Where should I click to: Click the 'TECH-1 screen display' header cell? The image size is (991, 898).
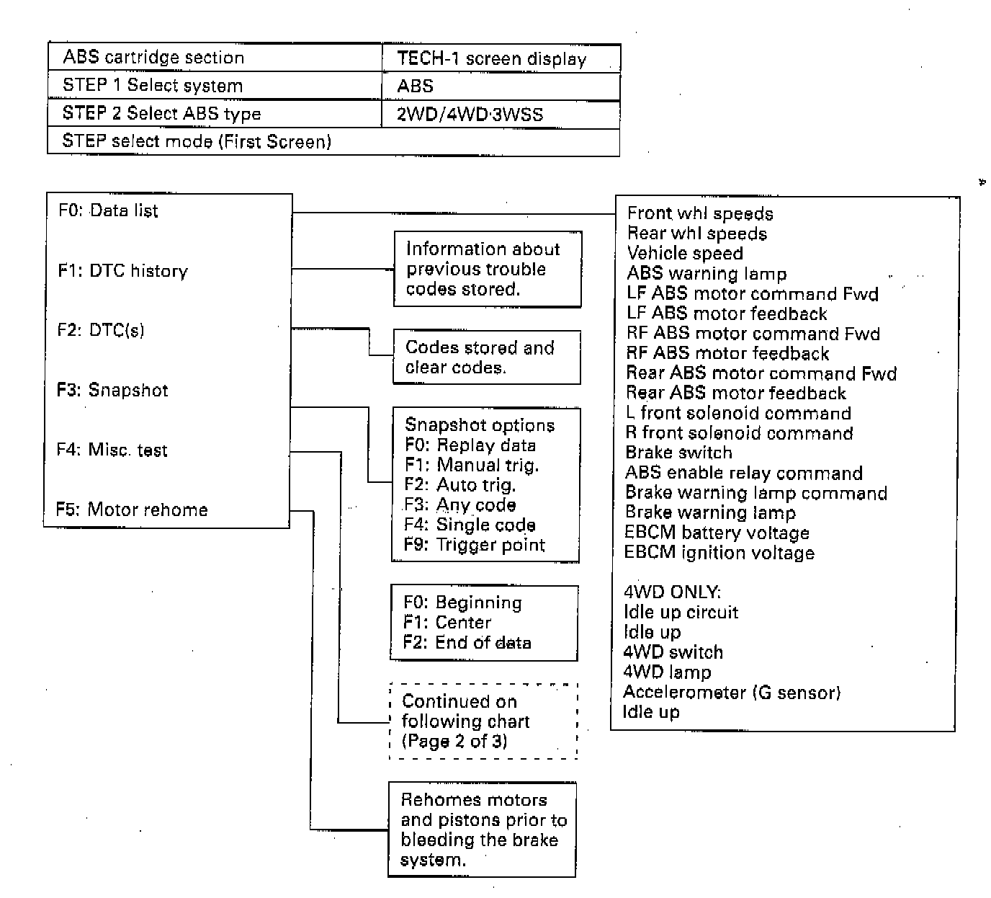(x=492, y=59)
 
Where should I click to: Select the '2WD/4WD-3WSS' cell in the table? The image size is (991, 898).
(x=470, y=115)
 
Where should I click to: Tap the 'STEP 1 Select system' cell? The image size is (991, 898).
(x=153, y=86)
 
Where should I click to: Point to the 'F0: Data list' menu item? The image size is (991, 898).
(x=108, y=211)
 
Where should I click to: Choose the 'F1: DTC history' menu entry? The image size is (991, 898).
(x=122, y=271)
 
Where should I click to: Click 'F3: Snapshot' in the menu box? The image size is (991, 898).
(x=112, y=391)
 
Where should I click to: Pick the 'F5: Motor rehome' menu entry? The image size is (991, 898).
(x=132, y=510)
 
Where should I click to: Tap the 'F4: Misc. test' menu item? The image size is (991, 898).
(x=112, y=450)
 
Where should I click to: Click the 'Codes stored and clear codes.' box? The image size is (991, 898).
(x=487, y=357)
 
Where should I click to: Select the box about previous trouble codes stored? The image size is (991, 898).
(x=488, y=270)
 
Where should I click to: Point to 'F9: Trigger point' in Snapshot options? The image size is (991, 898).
(x=475, y=545)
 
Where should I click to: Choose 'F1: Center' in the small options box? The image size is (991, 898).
(x=447, y=623)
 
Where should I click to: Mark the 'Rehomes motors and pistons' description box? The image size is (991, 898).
(x=482, y=830)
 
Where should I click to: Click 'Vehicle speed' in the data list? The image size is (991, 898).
(x=685, y=254)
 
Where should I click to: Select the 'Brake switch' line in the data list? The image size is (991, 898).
(x=678, y=453)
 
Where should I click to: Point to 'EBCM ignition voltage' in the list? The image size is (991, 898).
(x=719, y=553)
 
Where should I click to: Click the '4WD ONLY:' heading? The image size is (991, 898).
(x=672, y=592)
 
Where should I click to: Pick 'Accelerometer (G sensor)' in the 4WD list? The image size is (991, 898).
(x=731, y=693)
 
